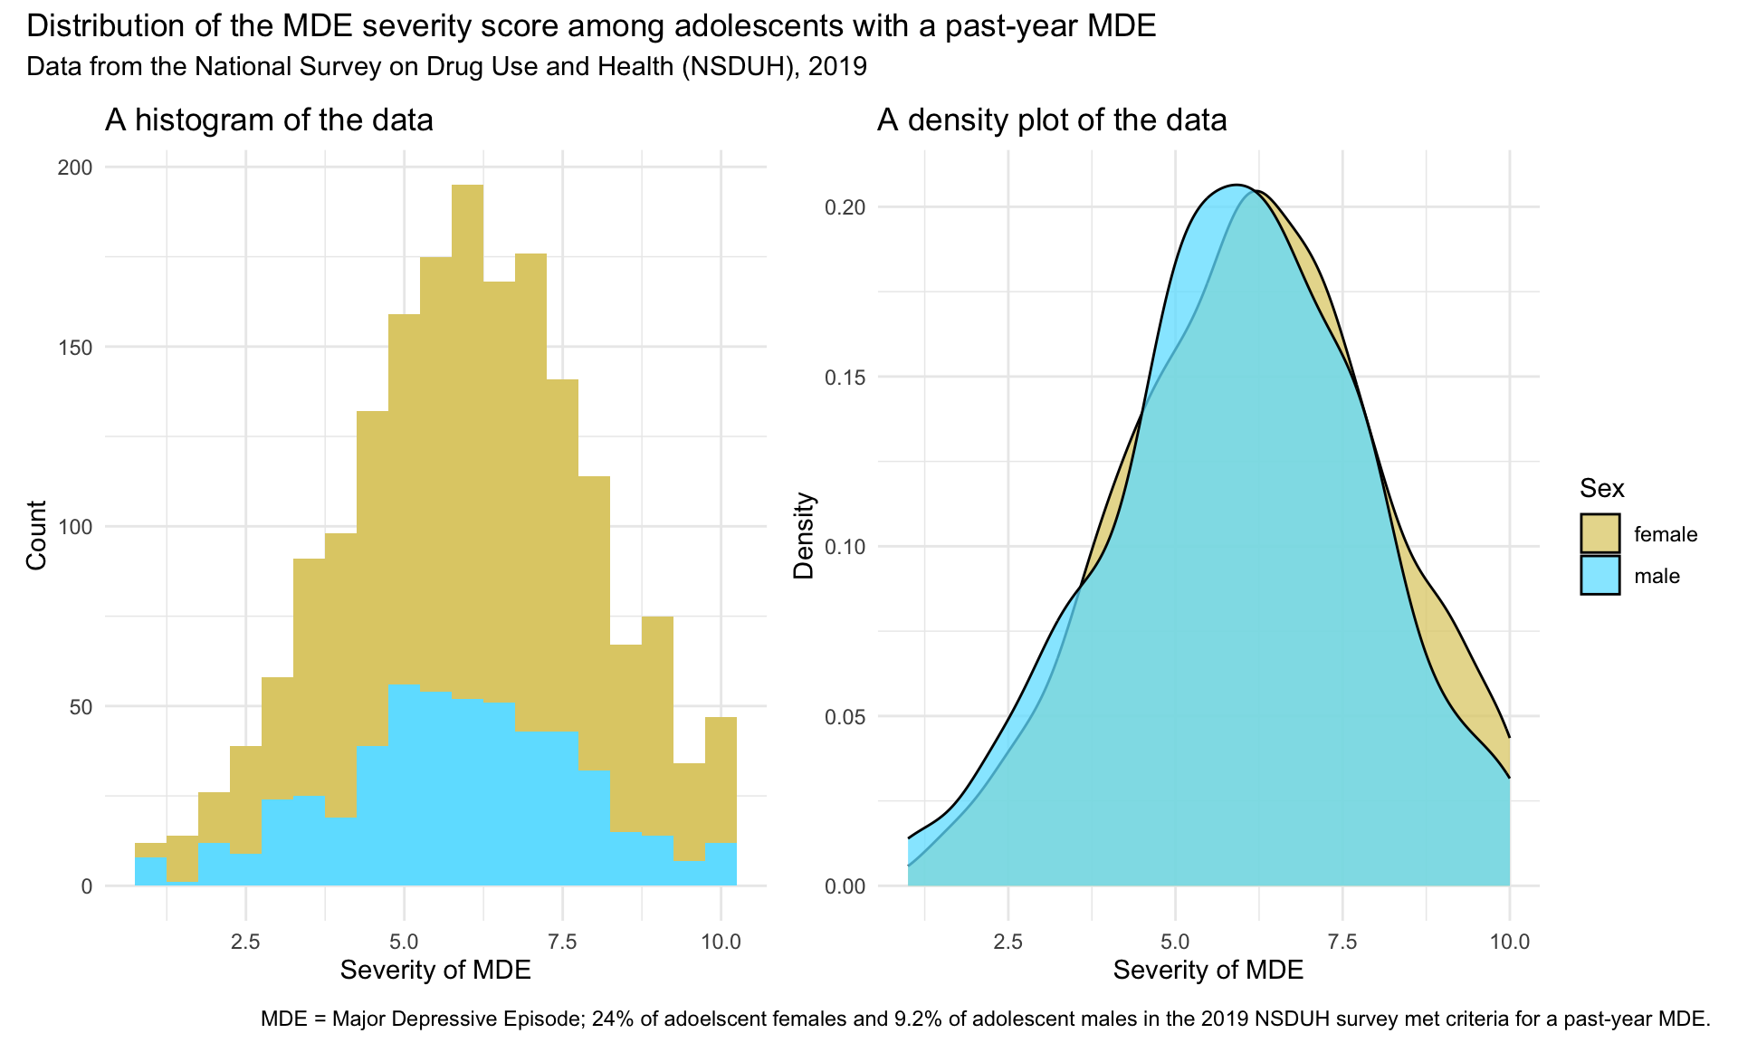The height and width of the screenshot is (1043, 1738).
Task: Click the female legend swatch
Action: click(x=1600, y=533)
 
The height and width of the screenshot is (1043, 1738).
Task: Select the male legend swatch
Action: click(x=1600, y=576)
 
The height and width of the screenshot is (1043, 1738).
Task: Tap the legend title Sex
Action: click(x=1601, y=489)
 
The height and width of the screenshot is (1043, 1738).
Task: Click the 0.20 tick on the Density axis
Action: click(x=844, y=207)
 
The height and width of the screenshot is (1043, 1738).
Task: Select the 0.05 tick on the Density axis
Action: click(x=844, y=717)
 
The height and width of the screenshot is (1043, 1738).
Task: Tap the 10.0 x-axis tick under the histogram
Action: click(x=721, y=942)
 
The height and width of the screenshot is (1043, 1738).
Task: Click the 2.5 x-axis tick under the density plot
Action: click(x=1007, y=942)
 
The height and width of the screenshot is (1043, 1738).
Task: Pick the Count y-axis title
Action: click(x=36, y=535)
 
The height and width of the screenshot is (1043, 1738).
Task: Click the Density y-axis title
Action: click(x=804, y=536)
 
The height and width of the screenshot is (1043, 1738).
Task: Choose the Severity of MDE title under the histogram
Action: click(x=435, y=971)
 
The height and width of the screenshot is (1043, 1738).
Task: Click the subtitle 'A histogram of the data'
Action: click(x=269, y=120)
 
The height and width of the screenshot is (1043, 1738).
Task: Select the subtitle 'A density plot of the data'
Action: click(x=1051, y=120)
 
